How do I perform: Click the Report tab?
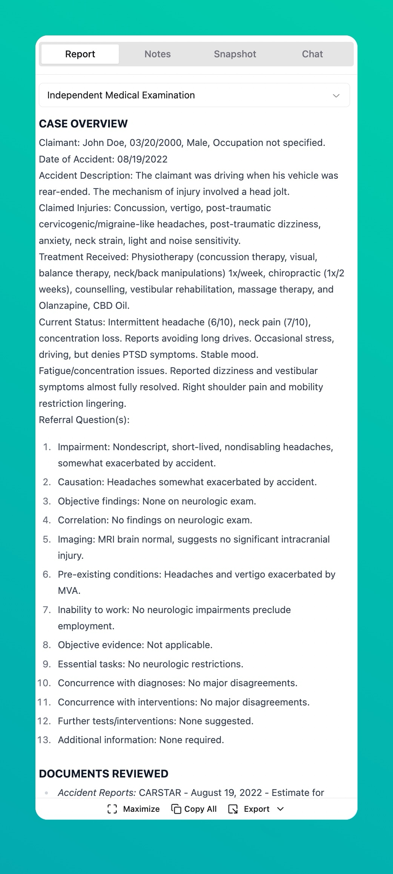(x=80, y=54)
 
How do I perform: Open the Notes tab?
(x=158, y=54)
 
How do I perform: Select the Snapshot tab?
(x=235, y=54)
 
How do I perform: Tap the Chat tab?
(x=312, y=54)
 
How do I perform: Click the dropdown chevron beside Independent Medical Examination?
(x=336, y=95)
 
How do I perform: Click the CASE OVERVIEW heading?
(x=83, y=124)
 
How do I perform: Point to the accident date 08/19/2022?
(x=142, y=159)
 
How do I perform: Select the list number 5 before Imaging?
(x=47, y=539)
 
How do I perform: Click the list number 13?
(x=45, y=740)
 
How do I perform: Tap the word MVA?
(x=69, y=590)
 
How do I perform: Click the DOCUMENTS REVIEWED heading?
(x=104, y=774)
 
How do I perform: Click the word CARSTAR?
(x=160, y=793)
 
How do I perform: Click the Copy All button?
(x=194, y=809)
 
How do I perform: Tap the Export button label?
(x=256, y=809)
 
